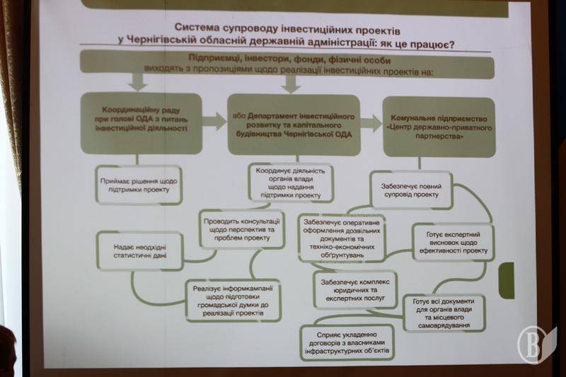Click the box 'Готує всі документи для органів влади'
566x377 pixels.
click(x=444, y=312)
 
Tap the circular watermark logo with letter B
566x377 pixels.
click(x=537, y=344)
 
